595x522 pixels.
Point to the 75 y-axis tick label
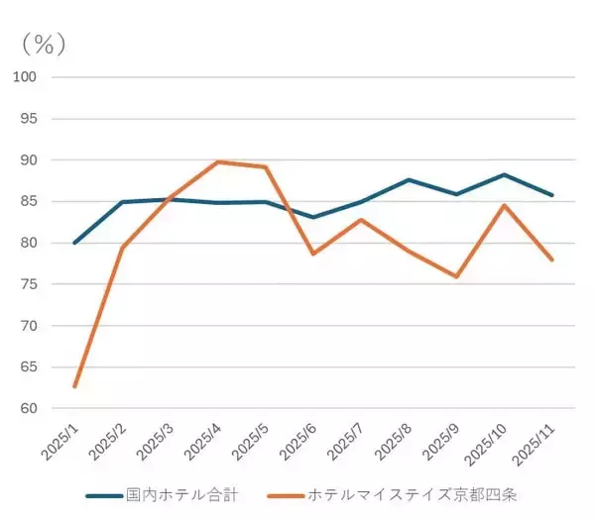tap(28, 284)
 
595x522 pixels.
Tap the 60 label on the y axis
tap(28, 409)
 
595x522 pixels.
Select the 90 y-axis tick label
tap(28, 160)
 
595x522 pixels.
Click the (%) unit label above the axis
tap(44, 45)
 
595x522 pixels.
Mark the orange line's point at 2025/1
tap(74, 386)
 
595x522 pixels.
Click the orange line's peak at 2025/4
tap(217, 161)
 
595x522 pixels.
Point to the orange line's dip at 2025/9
tap(456, 276)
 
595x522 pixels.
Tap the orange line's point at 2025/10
tap(504, 205)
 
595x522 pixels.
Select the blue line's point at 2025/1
tap(74, 243)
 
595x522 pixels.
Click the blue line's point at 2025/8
tap(409, 179)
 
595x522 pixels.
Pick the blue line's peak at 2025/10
tap(504, 174)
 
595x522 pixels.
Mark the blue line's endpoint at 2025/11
tap(551, 195)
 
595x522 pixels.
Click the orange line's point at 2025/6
tap(313, 254)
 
